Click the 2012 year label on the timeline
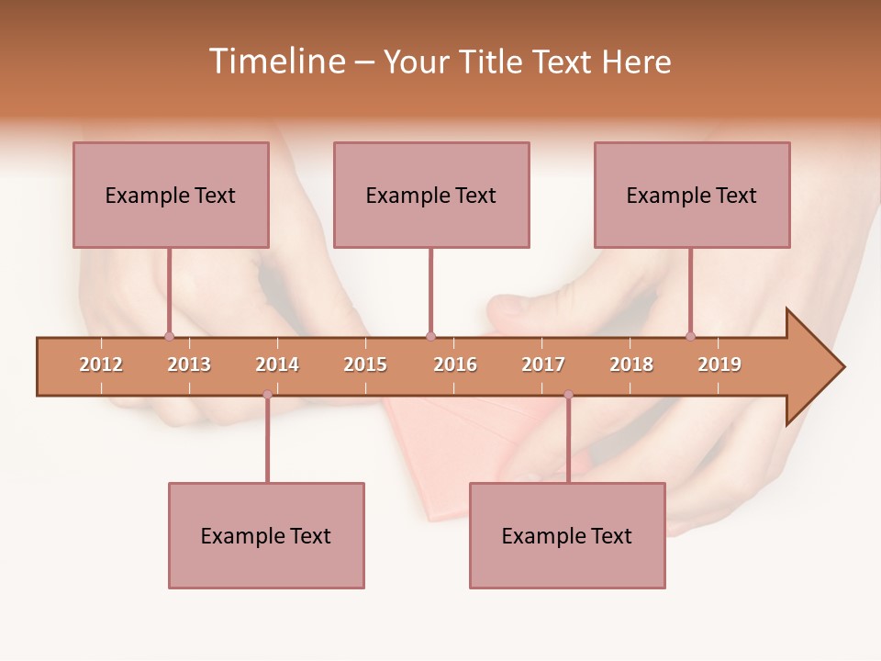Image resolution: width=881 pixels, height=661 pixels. tap(101, 364)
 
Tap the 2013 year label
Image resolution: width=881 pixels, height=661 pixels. tap(189, 364)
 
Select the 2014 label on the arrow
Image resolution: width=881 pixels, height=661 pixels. tap(277, 364)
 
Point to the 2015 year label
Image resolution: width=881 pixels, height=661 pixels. tap(365, 364)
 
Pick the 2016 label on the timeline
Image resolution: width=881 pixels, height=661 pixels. tap(455, 364)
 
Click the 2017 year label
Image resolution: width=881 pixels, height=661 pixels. tap(543, 364)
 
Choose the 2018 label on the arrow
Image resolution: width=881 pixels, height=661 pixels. tap(631, 364)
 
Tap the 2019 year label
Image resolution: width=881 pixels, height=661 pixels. tap(719, 364)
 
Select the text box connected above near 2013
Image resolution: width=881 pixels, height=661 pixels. tap(171, 195)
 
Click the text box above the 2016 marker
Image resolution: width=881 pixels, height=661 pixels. tap(431, 195)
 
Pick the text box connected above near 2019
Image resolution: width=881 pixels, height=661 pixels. tap(692, 195)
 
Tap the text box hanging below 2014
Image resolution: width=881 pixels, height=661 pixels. tap(266, 535)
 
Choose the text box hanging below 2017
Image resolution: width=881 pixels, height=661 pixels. tap(567, 535)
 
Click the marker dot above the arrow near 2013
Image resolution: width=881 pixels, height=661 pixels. tap(169, 336)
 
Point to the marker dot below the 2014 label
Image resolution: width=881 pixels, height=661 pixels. tap(267, 395)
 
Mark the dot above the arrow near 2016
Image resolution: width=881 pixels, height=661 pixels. tap(430, 336)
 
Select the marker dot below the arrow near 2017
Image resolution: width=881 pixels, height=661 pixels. tap(568, 395)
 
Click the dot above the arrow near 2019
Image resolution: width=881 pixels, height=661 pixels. tap(690, 336)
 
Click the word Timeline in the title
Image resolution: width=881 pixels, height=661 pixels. tap(275, 62)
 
